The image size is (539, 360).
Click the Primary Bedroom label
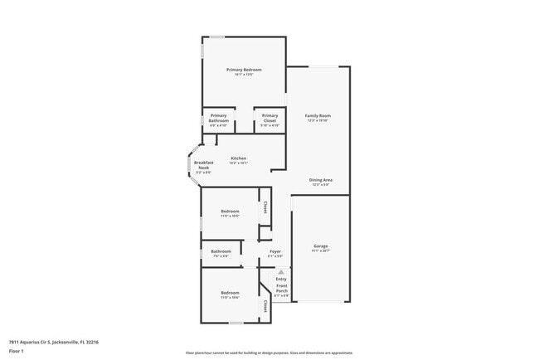point(244,70)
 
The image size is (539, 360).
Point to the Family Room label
point(318,115)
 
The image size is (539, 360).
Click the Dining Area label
point(321,180)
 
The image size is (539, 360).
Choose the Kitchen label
point(239,158)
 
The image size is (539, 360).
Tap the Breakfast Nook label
point(204,164)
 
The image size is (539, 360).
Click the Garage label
point(321,246)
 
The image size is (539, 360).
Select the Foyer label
point(274,251)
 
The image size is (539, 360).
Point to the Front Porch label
point(282,289)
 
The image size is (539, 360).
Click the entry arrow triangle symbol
point(281,271)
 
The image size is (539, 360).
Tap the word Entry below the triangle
point(281,279)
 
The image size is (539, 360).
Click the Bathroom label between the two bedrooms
point(221,251)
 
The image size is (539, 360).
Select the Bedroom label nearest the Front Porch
point(230,292)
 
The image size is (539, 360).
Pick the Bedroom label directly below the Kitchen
point(230,212)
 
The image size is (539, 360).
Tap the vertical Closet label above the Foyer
point(265,207)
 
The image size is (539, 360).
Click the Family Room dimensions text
point(318,120)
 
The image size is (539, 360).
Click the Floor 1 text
point(16,352)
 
